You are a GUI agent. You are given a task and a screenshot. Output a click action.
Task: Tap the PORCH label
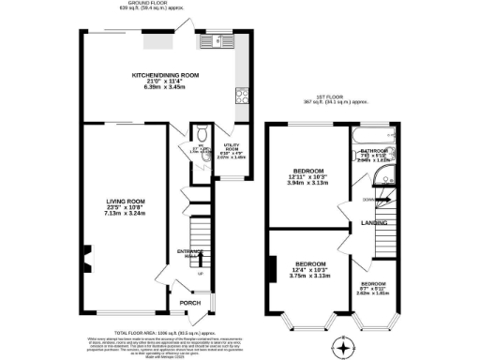tap(191, 302)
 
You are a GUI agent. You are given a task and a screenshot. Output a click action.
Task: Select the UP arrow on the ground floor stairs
tap(200, 274)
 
